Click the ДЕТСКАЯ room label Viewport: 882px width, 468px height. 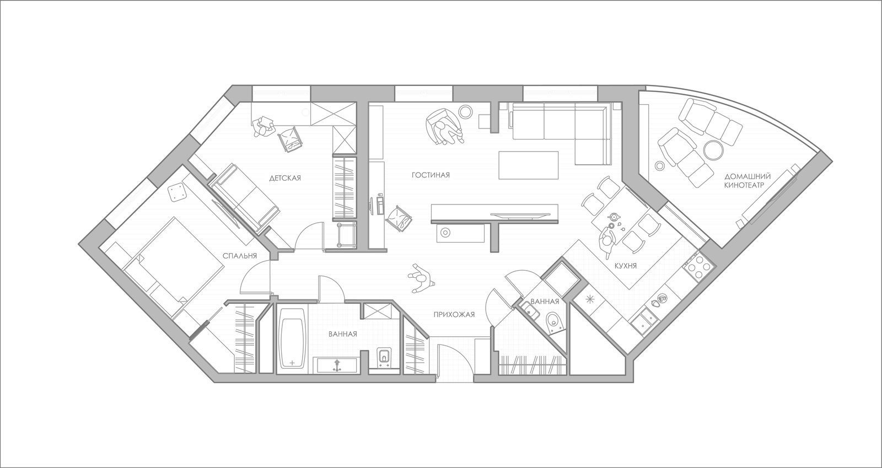[284, 178]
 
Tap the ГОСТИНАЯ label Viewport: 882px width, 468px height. [431, 175]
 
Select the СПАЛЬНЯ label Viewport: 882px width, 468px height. [239, 256]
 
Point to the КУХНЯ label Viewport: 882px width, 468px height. [626, 266]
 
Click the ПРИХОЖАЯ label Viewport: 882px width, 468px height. [454, 315]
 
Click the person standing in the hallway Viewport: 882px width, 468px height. [421, 278]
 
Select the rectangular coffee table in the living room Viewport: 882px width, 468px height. [529, 165]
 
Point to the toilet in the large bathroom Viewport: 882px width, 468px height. [383, 357]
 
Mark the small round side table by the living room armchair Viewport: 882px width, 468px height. [466, 111]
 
